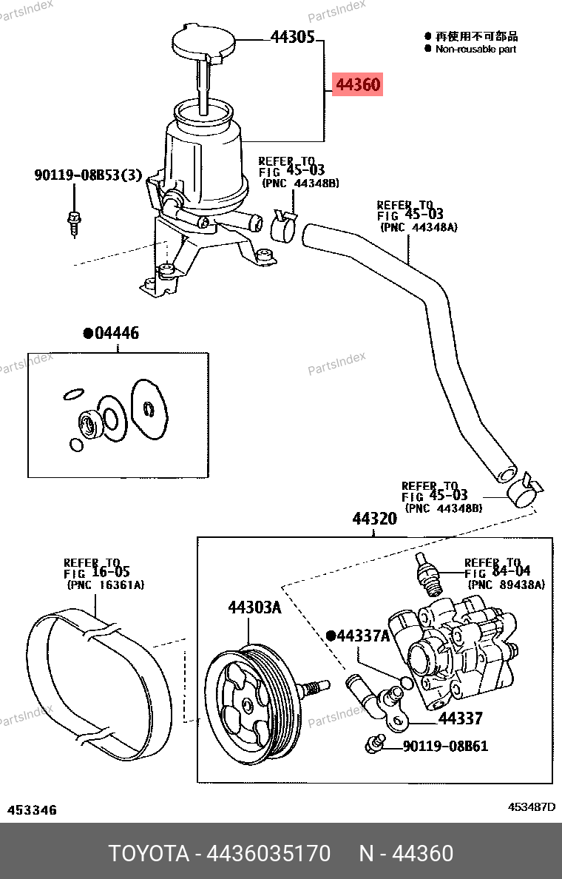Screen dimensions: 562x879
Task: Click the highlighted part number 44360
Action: pyautogui.click(x=357, y=84)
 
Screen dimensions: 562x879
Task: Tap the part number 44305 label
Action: pyautogui.click(x=293, y=37)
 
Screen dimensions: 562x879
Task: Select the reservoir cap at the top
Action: pyautogui.click(x=203, y=41)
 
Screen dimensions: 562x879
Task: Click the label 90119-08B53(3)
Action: pyautogui.click(x=89, y=175)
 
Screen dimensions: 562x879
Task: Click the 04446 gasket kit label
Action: pyautogui.click(x=111, y=333)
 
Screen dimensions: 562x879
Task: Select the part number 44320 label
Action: pyautogui.click(x=374, y=519)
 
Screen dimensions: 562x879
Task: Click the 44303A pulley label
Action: pyautogui.click(x=254, y=607)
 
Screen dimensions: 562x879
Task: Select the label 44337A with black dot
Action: pyautogui.click(x=358, y=635)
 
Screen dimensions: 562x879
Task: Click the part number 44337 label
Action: pyautogui.click(x=460, y=718)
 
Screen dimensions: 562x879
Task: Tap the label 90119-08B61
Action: pyautogui.click(x=445, y=746)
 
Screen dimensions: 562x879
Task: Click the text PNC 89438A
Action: pyautogui.click(x=507, y=585)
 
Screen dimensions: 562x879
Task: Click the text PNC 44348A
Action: pyautogui.click(x=419, y=227)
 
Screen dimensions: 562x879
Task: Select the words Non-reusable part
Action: pyautogui.click(x=475, y=50)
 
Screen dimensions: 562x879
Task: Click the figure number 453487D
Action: pyautogui.click(x=532, y=807)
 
